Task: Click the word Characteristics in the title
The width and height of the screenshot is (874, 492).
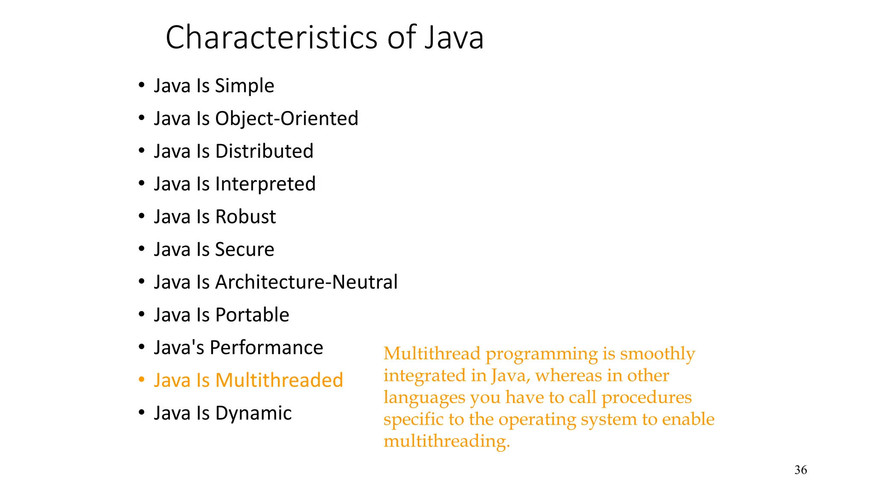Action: pos(272,38)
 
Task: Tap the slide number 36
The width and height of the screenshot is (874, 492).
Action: pos(801,470)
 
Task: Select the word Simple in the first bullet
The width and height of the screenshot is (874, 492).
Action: pos(245,86)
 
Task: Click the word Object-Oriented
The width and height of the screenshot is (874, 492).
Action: pos(287,119)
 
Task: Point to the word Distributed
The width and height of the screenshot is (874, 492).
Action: pos(264,151)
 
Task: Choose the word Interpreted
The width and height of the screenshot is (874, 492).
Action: pos(265,184)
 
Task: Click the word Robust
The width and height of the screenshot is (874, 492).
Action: pos(245,217)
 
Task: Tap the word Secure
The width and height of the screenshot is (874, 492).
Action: pos(245,249)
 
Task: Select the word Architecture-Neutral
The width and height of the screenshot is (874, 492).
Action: pos(306,282)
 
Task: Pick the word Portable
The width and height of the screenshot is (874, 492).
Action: pos(252,315)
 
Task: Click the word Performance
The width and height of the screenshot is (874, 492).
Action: pos(266,348)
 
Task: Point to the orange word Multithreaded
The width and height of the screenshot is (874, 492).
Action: pos(279,381)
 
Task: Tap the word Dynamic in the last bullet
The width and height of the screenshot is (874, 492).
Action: pos(253,413)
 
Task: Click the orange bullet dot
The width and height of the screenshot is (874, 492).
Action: pos(142,380)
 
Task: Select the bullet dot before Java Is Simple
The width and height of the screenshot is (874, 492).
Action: pos(142,85)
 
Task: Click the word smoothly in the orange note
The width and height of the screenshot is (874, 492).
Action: pos(657,354)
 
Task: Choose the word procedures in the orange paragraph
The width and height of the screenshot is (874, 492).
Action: pos(646,398)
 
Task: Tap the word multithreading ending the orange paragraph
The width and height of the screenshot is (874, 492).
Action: pos(446,441)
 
